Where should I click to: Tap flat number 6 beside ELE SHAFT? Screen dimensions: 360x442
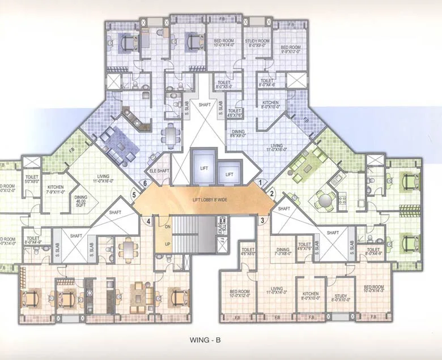146,183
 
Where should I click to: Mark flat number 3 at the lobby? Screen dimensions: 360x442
262,220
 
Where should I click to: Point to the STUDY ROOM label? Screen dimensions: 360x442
257,43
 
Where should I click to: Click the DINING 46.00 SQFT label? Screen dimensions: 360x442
81,200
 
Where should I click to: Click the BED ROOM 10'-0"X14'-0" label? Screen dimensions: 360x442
225,44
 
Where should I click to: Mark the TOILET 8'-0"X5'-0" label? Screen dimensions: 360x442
224,84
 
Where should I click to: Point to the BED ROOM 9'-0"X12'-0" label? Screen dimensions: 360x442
290,50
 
